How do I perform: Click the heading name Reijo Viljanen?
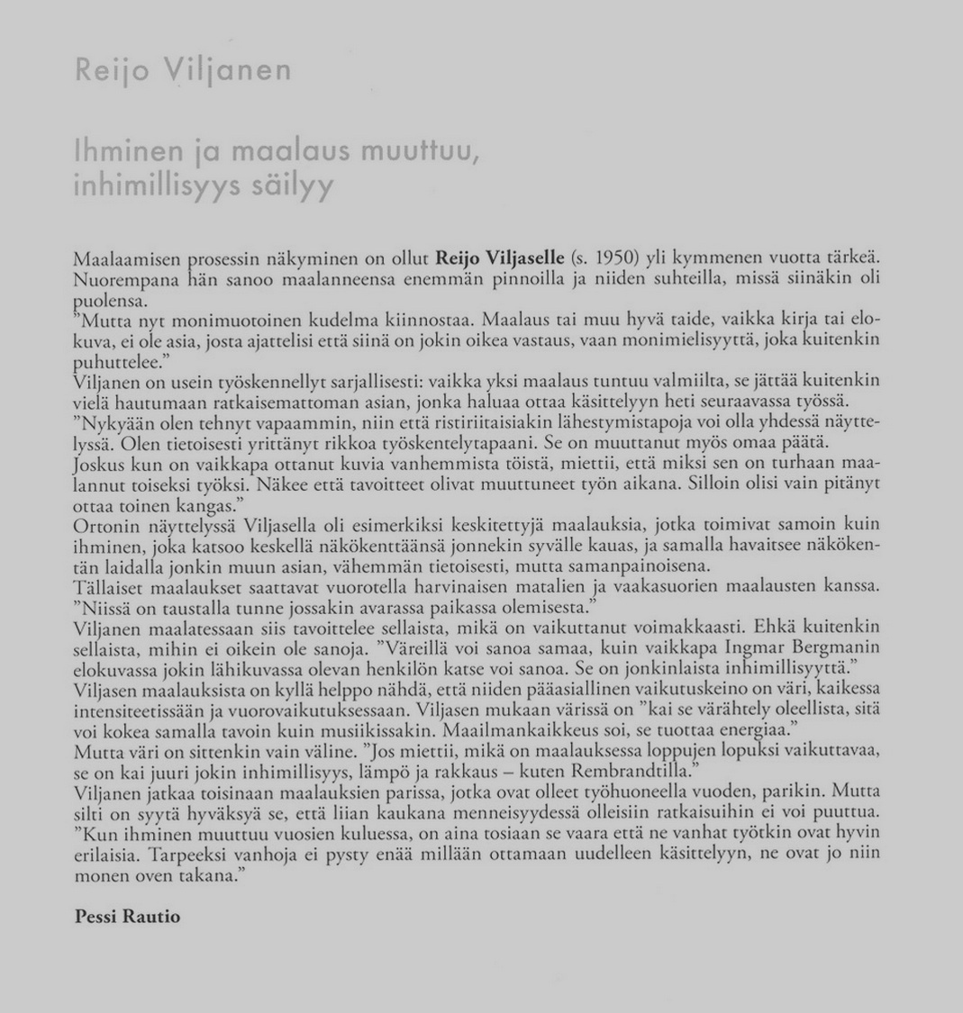pos(183,70)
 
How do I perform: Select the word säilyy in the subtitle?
pos(289,186)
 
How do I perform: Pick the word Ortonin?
pos(101,524)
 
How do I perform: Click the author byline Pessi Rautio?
pos(128,917)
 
